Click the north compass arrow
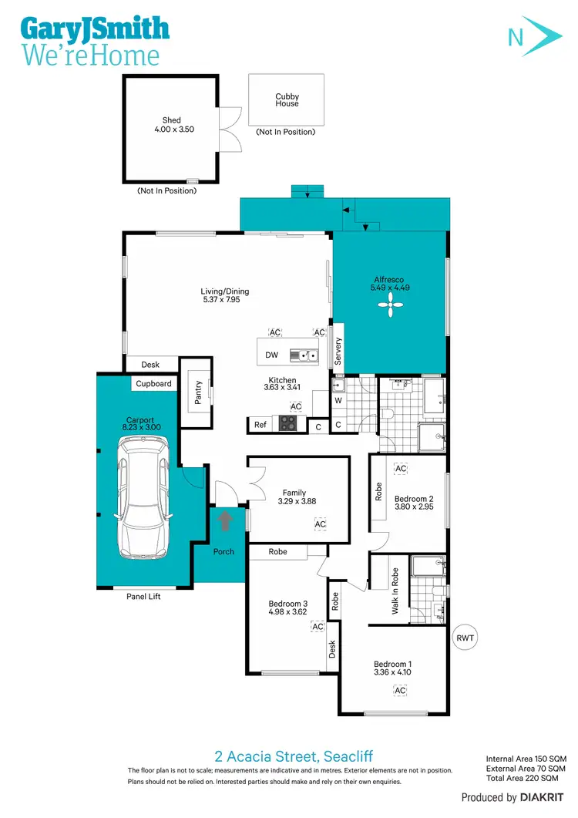click(x=531, y=35)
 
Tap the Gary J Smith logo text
click(x=95, y=29)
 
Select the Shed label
click(x=171, y=120)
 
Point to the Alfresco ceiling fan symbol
click(x=390, y=308)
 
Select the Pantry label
click(x=198, y=392)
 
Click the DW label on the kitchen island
click(x=271, y=355)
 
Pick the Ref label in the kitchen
click(x=260, y=424)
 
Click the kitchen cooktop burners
click(x=289, y=422)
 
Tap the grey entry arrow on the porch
click(x=225, y=522)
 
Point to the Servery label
click(x=338, y=352)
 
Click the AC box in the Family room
click(x=320, y=524)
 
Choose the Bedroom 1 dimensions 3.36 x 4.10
click(x=393, y=672)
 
